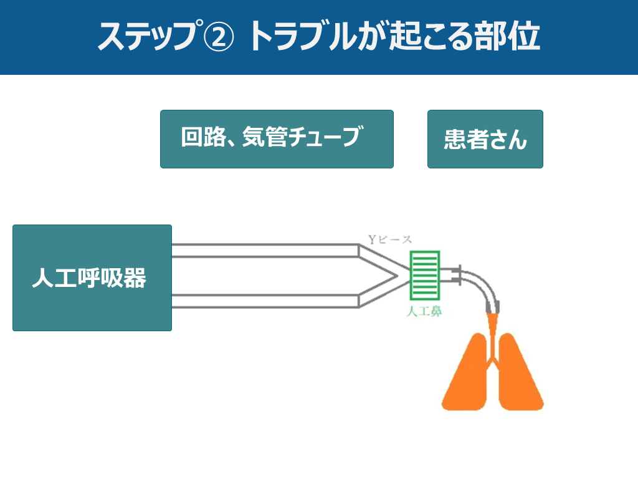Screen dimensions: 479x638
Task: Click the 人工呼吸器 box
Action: pyautogui.click(x=92, y=278)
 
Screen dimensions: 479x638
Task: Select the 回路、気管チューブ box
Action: pyautogui.click(x=277, y=139)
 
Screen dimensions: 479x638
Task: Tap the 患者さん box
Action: pyautogui.click(x=485, y=139)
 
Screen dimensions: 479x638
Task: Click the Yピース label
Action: pyautogui.click(x=389, y=239)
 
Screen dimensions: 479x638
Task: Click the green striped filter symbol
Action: pyautogui.click(x=425, y=275)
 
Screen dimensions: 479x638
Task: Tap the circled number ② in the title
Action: pyautogui.click(x=219, y=37)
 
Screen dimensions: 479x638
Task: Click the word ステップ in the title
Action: pyautogui.click(x=147, y=37)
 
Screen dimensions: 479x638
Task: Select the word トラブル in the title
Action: pyautogui.click(x=302, y=37)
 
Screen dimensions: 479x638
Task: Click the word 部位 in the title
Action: pyautogui.click(x=515, y=37)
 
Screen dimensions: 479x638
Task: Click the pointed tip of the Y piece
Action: pyautogui.click(x=399, y=275)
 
